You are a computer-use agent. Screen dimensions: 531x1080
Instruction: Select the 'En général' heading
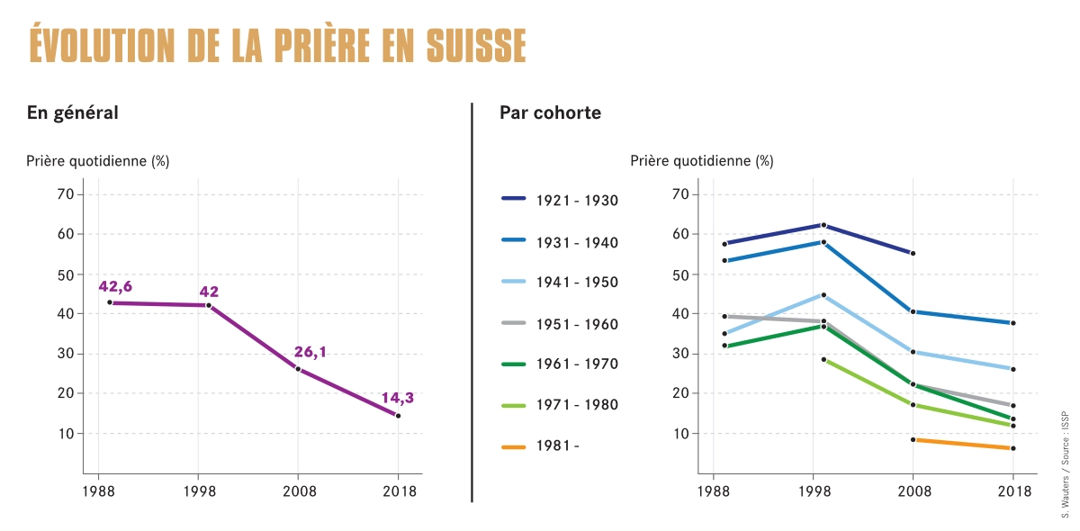coord(73,113)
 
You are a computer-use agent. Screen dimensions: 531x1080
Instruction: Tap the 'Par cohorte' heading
coord(550,113)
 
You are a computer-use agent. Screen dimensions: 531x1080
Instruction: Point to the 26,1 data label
coord(310,352)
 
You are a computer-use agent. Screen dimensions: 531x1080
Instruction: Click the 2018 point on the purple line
coord(398,416)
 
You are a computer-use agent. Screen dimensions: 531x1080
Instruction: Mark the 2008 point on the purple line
coord(298,369)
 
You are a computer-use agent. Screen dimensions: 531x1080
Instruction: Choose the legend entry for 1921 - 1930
coord(559,201)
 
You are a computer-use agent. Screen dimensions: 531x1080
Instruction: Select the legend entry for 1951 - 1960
coord(559,324)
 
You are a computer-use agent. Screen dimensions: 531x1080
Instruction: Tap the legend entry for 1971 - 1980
coord(559,405)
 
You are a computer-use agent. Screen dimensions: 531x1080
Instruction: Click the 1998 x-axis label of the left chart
coord(198,491)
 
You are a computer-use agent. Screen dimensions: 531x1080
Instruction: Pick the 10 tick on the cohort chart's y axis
coord(679,433)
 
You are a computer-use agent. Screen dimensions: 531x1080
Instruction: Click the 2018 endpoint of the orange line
coord(1012,448)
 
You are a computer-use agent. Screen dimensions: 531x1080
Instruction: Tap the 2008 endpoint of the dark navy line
coord(913,253)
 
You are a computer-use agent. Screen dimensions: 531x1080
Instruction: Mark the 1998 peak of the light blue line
coord(823,295)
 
